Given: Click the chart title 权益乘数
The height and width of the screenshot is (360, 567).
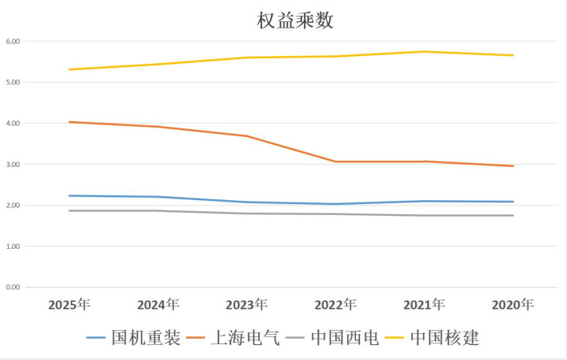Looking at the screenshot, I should [x=295, y=20].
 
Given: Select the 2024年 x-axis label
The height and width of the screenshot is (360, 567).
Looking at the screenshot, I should [x=157, y=304].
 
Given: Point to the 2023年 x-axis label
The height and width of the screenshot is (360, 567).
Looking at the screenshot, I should [x=246, y=304].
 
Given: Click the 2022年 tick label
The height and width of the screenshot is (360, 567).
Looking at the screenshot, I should [x=335, y=304].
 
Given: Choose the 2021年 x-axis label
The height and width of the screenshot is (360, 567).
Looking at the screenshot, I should [x=424, y=304].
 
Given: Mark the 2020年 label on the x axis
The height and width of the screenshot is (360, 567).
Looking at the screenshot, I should [x=513, y=304].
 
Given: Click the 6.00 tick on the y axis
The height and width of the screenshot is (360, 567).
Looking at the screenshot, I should [x=13, y=41].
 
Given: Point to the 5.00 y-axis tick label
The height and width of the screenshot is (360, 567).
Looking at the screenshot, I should [x=13, y=82].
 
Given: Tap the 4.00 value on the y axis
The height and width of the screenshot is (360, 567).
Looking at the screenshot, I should [x=13, y=124].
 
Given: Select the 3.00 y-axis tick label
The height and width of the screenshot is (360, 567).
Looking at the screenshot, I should [x=13, y=165].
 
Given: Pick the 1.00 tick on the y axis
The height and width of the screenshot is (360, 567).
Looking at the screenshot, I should [x=13, y=247].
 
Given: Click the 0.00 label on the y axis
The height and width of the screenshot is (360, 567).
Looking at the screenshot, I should [x=13, y=288].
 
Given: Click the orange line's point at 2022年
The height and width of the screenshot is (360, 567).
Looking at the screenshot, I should [x=335, y=161].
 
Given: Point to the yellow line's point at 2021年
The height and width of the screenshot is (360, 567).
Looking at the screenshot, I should [x=424, y=52].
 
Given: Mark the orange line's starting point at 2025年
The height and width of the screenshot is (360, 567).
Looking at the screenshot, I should [x=69, y=122].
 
